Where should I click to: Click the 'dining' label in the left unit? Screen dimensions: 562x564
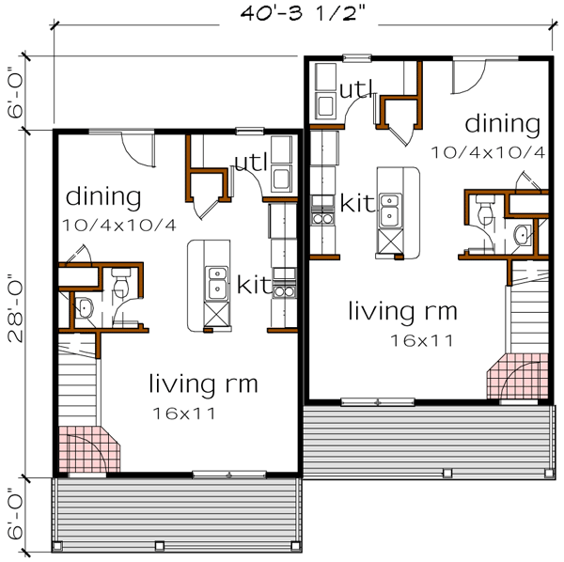coord(103,198)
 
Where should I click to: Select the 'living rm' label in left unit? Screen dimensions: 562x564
coord(203,383)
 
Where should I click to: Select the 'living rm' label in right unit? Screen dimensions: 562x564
coord(403,310)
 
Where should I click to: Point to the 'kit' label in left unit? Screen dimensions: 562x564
coord(254,283)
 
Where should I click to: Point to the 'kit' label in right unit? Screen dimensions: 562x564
coord(358,202)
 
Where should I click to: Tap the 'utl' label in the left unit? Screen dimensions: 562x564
coord(251,163)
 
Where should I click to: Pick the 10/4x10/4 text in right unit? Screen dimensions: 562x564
coord(487,150)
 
